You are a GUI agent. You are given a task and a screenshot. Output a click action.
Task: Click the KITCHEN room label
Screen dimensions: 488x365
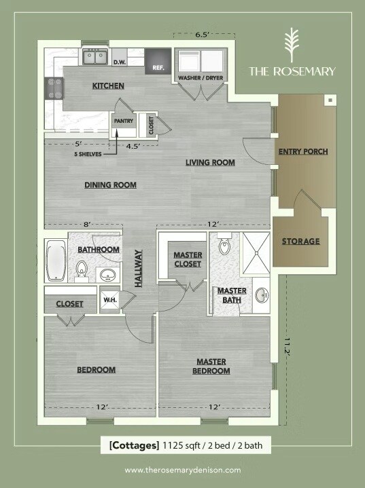click(x=108, y=86)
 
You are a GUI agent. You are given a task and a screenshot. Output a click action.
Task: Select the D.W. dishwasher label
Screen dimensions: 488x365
click(x=120, y=62)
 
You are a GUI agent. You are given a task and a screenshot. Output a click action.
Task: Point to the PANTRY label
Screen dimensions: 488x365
click(x=124, y=121)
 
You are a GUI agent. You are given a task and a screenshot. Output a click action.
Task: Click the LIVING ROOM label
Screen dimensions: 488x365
click(x=211, y=162)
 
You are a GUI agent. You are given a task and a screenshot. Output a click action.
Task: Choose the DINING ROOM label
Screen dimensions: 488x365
click(x=110, y=185)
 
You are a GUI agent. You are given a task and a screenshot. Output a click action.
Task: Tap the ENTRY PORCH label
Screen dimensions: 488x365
click(x=304, y=151)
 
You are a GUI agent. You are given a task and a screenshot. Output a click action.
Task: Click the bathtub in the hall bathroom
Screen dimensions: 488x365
click(x=56, y=261)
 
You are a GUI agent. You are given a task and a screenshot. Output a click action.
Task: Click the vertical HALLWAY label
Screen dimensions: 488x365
click(x=139, y=268)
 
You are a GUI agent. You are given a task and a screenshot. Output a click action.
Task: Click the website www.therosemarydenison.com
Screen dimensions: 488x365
click(x=182, y=470)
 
